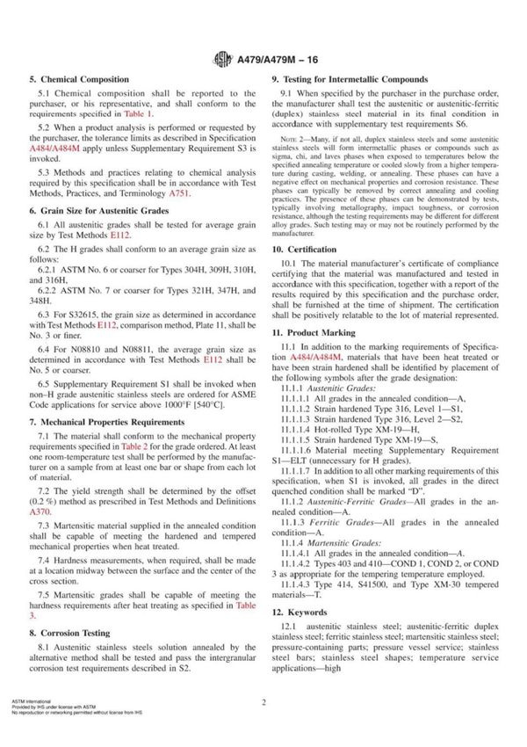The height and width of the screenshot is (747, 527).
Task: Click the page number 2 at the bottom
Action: coord(263,727)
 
